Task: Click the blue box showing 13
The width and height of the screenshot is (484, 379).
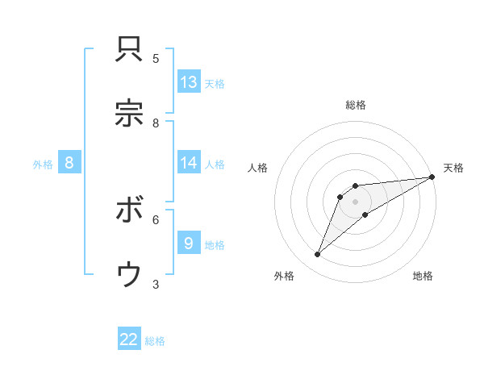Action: (189, 81)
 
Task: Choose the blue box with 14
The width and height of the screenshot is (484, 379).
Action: (189, 163)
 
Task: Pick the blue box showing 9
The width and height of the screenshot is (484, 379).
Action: (189, 244)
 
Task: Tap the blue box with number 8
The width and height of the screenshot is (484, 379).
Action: (69, 163)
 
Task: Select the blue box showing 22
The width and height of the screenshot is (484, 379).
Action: (129, 339)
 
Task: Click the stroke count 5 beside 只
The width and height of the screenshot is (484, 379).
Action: (156, 58)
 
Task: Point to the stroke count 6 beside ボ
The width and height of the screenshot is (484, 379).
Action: (156, 219)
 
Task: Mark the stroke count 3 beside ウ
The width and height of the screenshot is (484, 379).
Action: (156, 284)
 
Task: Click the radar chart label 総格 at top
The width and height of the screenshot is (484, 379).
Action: (356, 105)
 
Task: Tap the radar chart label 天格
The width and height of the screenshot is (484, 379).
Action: (453, 168)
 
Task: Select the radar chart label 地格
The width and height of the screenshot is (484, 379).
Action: (423, 276)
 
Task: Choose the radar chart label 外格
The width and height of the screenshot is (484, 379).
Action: (284, 276)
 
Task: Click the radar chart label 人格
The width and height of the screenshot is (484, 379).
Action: (257, 168)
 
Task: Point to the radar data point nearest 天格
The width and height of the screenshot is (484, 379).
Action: (432, 177)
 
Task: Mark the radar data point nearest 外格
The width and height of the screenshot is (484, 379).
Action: (318, 255)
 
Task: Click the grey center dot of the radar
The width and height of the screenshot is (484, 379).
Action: (355, 202)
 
